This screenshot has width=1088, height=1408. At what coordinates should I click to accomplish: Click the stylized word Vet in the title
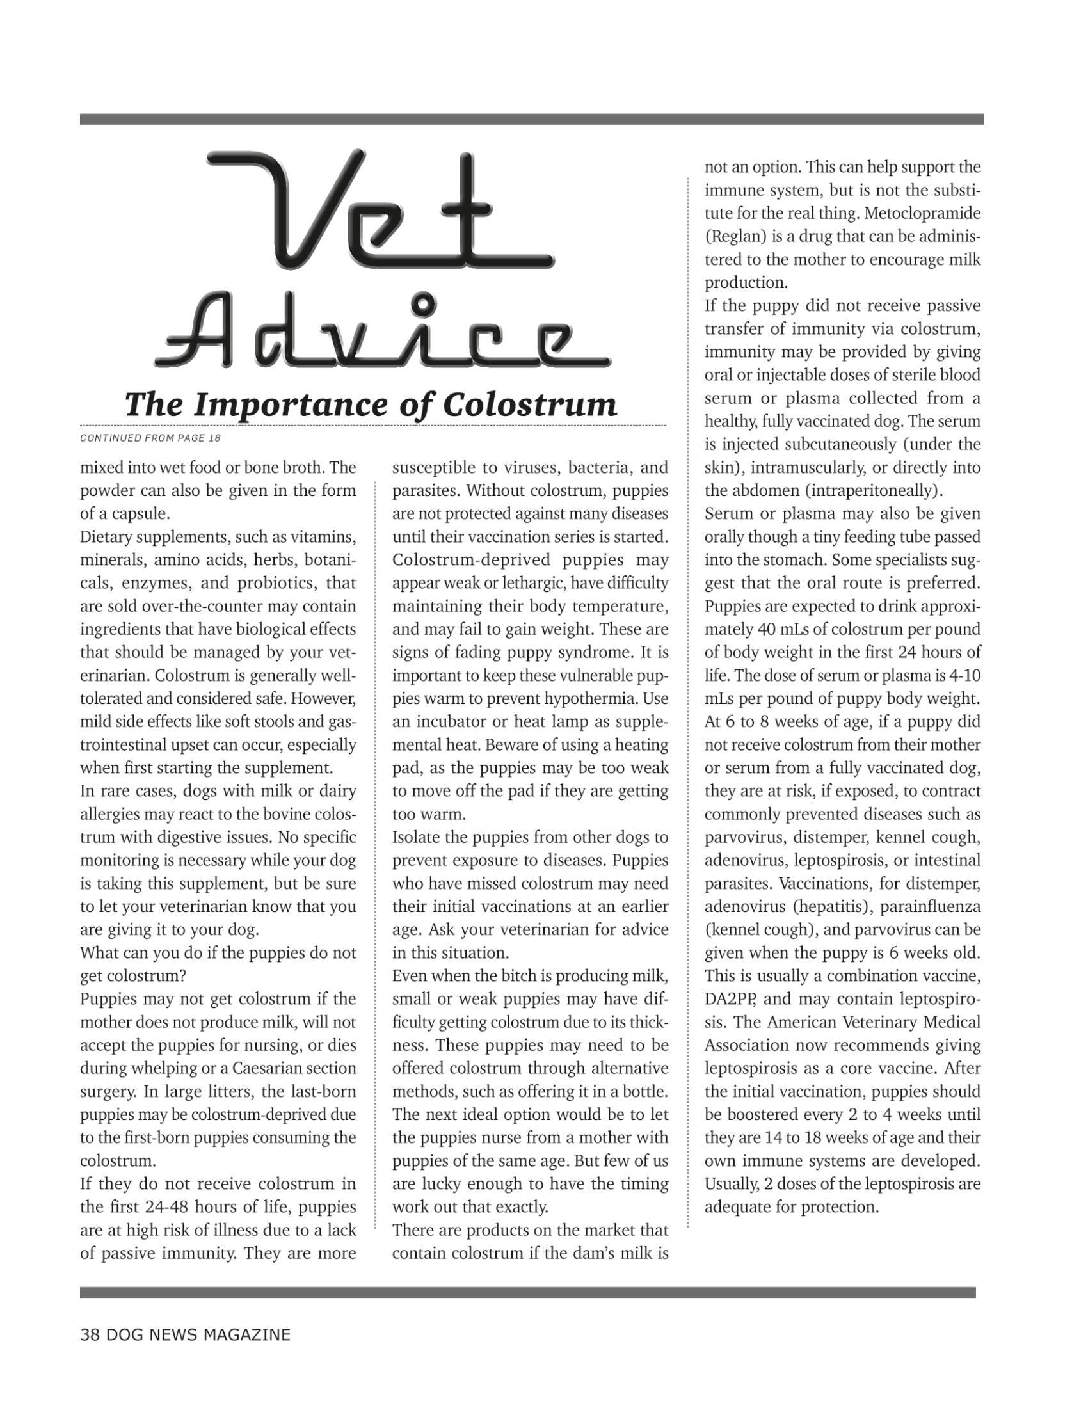(x=380, y=209)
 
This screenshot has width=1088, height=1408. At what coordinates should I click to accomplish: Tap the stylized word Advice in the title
(x=381, y=332)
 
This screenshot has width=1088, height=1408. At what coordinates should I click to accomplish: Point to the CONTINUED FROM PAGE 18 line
(x=150, y=438)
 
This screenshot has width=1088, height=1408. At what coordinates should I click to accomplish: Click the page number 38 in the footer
(x=90, y=1334)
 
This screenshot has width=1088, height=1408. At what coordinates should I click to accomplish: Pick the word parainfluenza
(x=930, y=906)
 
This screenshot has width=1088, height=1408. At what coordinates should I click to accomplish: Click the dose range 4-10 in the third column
(x=965, y=676)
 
